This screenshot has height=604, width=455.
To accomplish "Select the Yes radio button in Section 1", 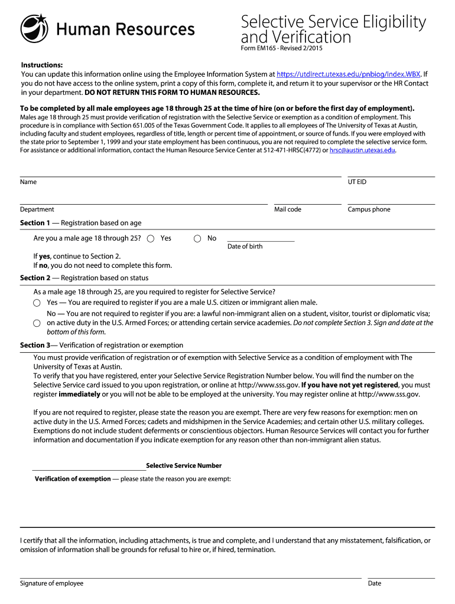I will tap(151, 238).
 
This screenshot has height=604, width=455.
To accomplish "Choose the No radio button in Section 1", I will tap(197, 238).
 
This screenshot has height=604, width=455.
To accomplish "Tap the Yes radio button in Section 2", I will tap(37, 303).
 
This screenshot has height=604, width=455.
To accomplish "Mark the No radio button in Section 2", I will tap(37, 323).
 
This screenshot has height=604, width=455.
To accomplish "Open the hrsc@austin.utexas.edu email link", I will tap(362, 150).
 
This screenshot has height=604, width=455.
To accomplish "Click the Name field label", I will tap(28, 182).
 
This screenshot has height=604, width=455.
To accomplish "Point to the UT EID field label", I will tap(357, 182).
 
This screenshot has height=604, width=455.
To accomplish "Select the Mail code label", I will tap(288, 209).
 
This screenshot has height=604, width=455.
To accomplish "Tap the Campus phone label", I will tap(369, 209).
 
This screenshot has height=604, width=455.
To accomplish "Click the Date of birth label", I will tap(245, 247).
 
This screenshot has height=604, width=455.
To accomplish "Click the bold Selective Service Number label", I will tap(184, 466).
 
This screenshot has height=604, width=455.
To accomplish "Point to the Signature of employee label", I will tap(52, 583).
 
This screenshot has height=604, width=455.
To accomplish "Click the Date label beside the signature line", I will tap(375, 583).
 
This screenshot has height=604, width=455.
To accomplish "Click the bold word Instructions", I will tap(42, 65).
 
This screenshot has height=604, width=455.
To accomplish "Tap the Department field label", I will tap(37, 209).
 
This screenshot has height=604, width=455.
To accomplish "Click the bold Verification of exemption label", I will tap(73, 479).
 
